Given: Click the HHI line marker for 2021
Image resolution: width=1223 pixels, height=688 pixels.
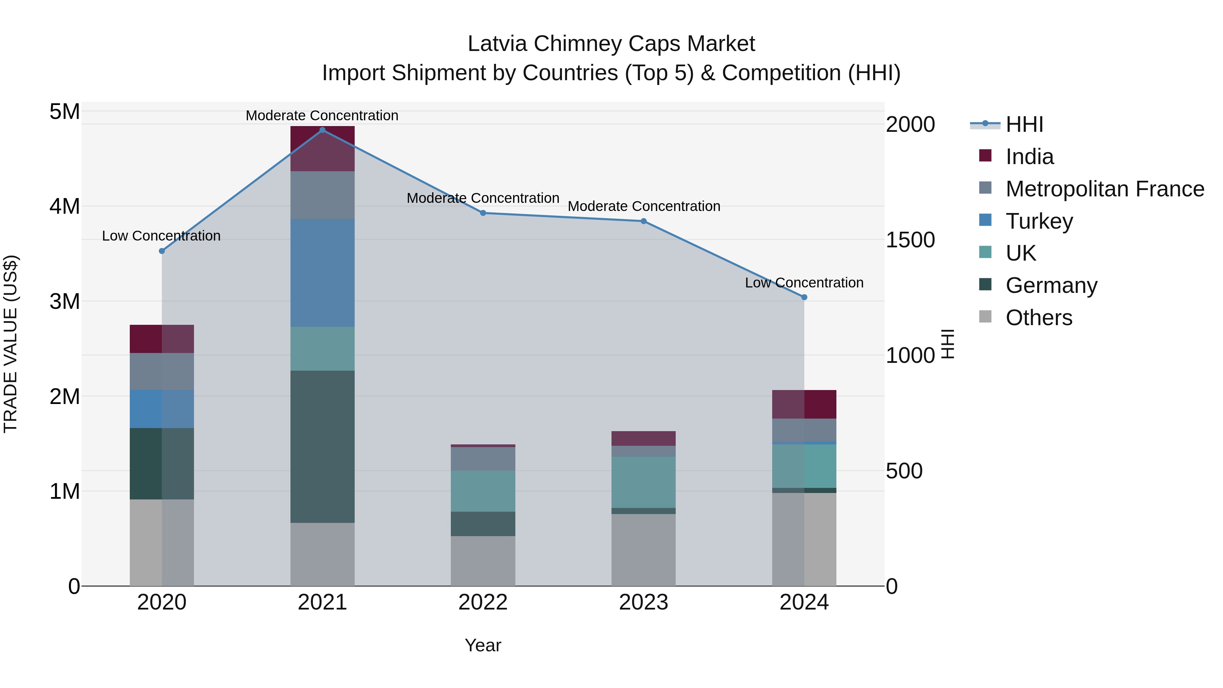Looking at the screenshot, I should tap(322, 130).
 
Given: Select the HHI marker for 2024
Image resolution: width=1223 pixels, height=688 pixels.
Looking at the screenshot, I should tap(804, 297).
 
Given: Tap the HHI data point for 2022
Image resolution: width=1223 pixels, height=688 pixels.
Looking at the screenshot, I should tap(483, 213).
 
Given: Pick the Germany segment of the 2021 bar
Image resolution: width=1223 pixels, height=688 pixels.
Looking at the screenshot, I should tap(322, 446).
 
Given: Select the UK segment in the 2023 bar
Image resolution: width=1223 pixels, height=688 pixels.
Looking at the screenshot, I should tap(643, 482).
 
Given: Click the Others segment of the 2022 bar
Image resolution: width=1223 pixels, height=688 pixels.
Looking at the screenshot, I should tap(483, 561).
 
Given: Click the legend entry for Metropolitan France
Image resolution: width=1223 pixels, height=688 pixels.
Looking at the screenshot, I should tap(1105, 189).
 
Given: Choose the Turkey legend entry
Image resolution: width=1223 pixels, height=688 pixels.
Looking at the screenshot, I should tap(1039, 221).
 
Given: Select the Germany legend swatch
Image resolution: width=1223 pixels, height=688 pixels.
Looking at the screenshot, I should tap(985, 285).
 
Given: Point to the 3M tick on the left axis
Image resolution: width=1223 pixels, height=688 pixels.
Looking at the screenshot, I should tap(65, 301).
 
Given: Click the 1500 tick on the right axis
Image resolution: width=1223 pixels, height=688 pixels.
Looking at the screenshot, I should tap(910, 240).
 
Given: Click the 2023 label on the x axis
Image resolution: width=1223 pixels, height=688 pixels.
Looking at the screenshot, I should tap(643, 602).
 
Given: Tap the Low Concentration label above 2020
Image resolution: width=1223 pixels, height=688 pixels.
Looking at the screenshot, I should tap(161, 236).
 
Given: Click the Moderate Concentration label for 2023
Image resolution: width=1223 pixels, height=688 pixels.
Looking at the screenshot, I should tap(644, 207).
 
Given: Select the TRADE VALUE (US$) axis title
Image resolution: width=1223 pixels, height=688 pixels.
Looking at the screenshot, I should tap(11, 344).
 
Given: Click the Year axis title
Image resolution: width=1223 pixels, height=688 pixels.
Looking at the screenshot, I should tap(483, 645).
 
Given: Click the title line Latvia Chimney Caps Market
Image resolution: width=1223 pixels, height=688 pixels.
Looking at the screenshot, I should tap(611, 44).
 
